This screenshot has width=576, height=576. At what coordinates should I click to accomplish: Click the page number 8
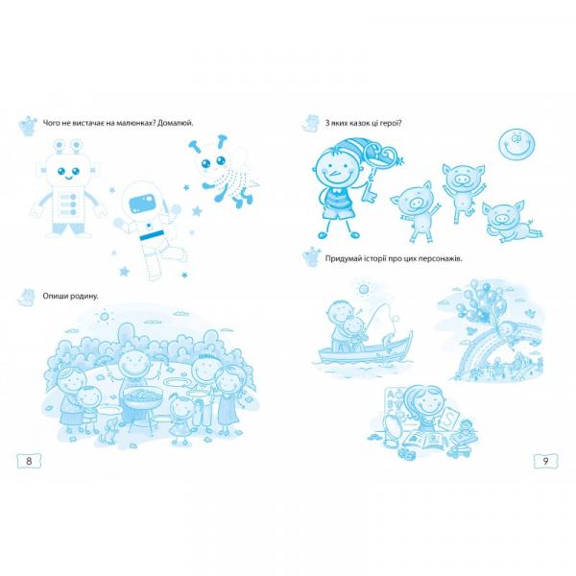click(29, 461)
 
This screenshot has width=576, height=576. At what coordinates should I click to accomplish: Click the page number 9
click(545, 461)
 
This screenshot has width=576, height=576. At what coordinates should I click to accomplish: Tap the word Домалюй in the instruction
click(176, 123)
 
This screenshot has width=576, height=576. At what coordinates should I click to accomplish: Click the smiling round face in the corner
click(516, 146)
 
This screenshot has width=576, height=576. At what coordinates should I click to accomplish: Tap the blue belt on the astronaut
click(152, 235)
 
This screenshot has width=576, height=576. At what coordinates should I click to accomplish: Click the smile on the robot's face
click(68, 178)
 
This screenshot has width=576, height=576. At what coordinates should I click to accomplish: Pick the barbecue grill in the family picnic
click(142, 404)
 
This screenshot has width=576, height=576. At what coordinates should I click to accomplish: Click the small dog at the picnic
click(108, 430)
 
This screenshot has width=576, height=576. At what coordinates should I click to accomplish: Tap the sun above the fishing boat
click(363, 290)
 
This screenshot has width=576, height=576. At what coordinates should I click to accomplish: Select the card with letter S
click(449, 419)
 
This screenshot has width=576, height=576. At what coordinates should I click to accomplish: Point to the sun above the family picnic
click(105, 316)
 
